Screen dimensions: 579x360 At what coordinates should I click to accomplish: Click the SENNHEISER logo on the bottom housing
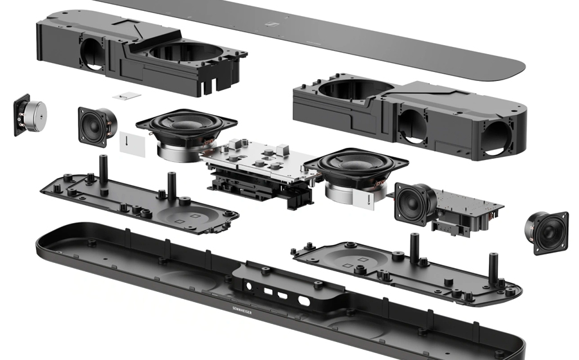click(243, 310)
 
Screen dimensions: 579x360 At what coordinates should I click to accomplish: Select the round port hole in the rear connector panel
click(248, 286)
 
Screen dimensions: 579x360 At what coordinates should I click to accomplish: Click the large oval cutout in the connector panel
click(304, 301)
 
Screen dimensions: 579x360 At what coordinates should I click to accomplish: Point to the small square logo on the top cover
click(271, 24)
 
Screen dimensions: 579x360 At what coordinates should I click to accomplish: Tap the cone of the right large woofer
click(355, 162)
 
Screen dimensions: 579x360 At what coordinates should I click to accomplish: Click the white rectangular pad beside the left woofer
click(132, 144)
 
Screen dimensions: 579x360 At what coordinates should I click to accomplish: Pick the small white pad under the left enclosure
click(127, 96)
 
